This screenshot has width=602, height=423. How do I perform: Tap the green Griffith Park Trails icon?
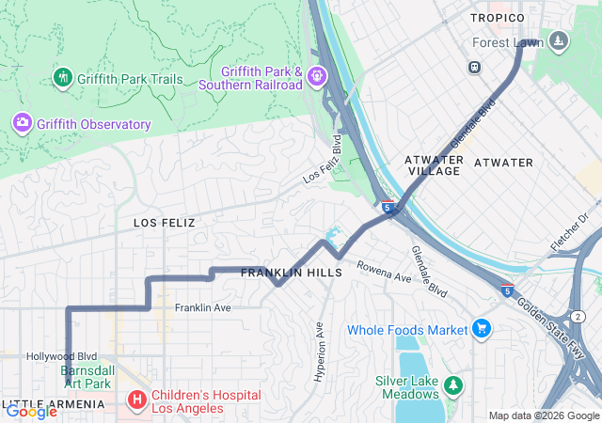(63, 78)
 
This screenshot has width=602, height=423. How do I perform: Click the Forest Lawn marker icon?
(559, 40)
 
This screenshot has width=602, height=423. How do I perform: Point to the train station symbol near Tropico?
(474, 67)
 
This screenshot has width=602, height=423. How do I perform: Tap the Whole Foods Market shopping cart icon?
(482, 328)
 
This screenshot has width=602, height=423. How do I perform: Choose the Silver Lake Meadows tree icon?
(453, 384)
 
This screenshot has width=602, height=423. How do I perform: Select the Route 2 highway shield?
(578, 316)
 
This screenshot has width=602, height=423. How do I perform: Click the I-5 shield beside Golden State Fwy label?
(507, 290)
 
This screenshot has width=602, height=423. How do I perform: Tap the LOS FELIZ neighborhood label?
(164, 223)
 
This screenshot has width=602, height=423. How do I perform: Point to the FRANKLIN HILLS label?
(292, 273)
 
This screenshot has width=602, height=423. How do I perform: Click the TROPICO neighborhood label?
(497, 18)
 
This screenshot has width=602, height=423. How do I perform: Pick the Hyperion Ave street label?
(319, 351)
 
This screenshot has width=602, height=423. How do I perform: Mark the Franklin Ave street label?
(202, 307)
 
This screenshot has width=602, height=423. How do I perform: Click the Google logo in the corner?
(31, 411)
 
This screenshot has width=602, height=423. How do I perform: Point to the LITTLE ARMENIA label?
(55, 404)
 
